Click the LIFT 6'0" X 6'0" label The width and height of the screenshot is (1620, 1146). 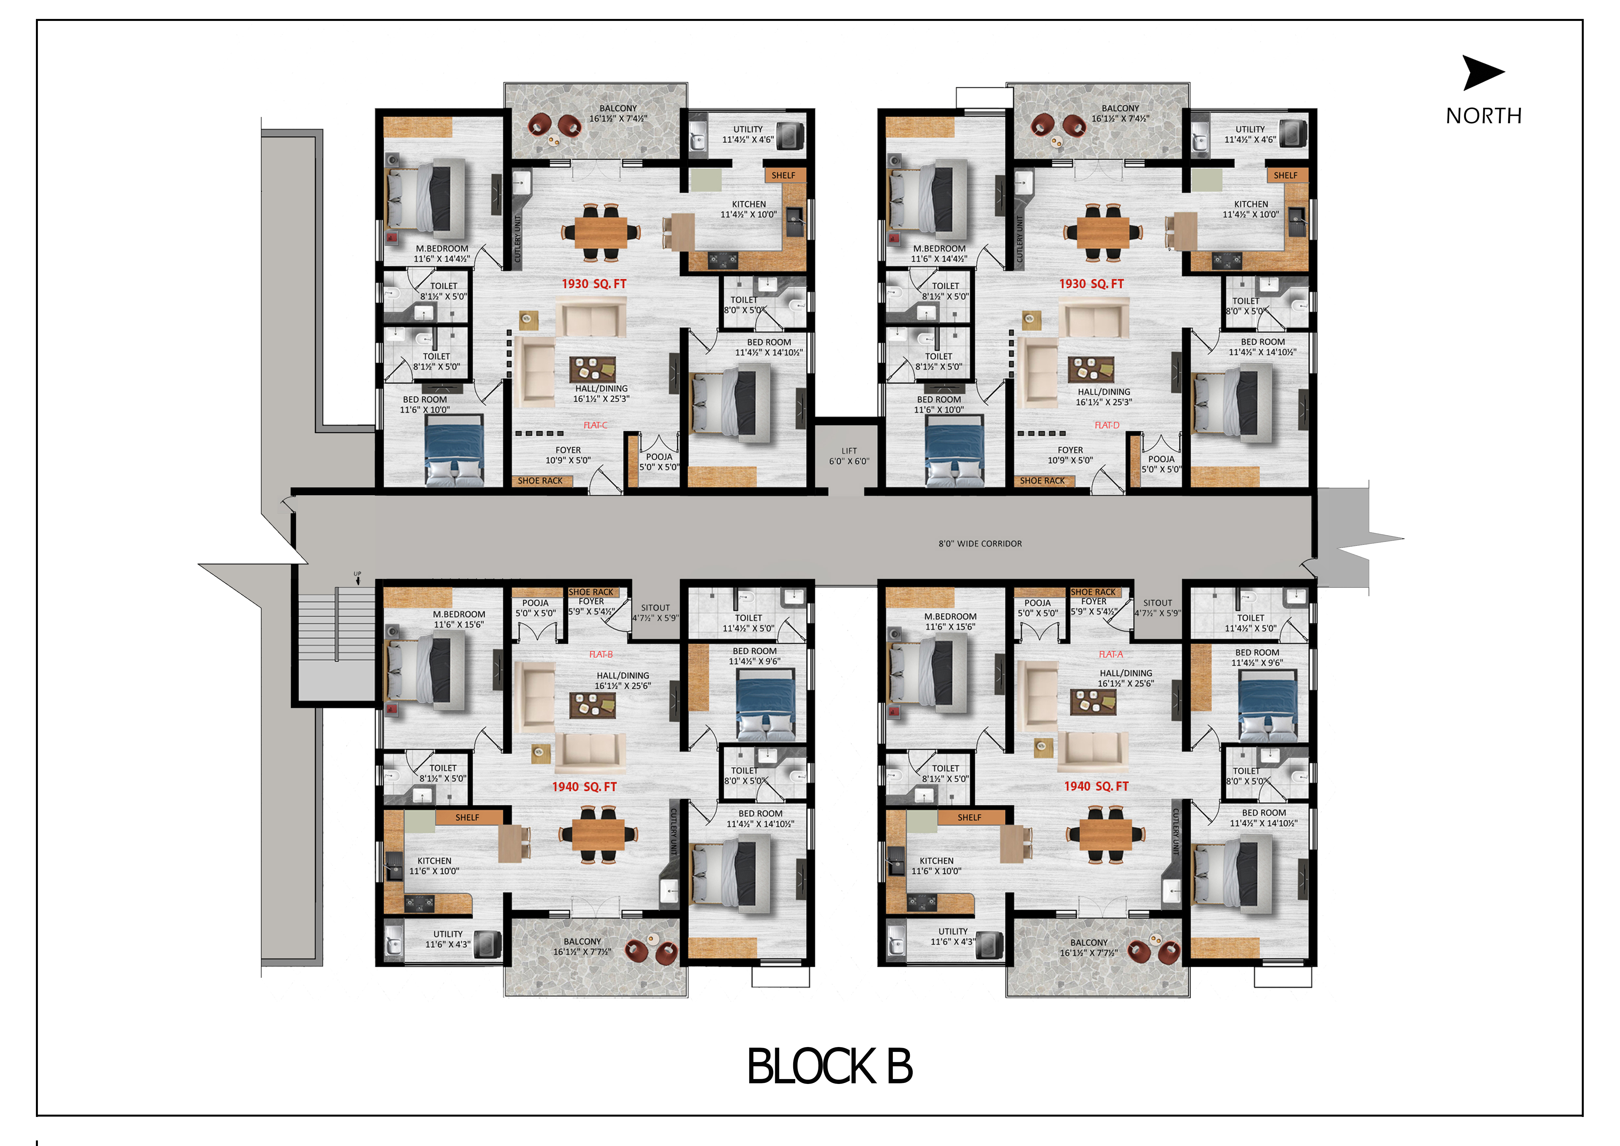[x=849, y=456]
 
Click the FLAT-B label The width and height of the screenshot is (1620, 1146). [x=601, y=654]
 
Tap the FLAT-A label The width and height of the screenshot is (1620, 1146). [x=1111, y=654]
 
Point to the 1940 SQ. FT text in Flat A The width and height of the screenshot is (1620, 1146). [x=1096, y=786]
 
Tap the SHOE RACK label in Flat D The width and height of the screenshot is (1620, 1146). [x=1042, y=481]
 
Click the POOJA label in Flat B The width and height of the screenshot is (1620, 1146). [x=535, y=603]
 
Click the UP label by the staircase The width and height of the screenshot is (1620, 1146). [x=357, y=574]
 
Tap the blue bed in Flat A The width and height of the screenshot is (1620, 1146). [x=1268, y=706]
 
